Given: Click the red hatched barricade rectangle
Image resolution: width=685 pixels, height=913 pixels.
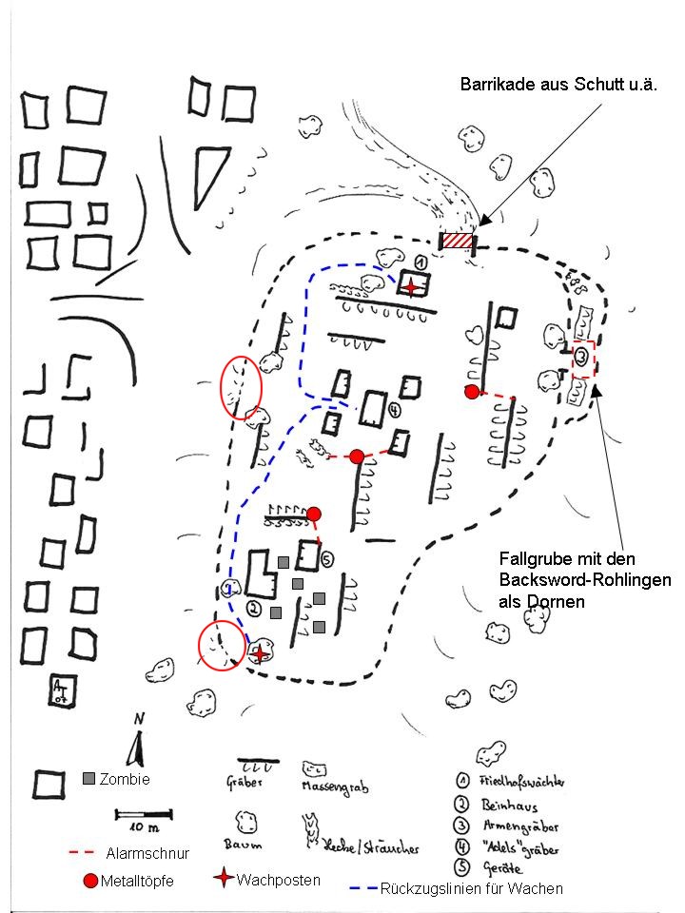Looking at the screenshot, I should tap(457, 242).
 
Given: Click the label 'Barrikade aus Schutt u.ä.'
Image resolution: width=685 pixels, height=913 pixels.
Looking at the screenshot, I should tap(559, 86).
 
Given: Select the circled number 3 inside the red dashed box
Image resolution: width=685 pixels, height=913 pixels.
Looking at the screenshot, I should tap(581, 359).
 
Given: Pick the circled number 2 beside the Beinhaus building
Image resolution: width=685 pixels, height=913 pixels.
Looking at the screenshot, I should tap(253, 607).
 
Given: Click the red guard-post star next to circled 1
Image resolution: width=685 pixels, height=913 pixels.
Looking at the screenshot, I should tap(410, 286).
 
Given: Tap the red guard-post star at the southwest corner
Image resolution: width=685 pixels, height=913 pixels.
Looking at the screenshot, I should tap(259, 654).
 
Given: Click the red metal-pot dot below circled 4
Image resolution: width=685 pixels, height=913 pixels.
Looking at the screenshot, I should tap(357, 456).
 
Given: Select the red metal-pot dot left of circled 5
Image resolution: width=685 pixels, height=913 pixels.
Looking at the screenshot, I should tap(314, 515).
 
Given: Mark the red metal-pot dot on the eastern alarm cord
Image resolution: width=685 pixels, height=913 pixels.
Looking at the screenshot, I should tap(471, 391).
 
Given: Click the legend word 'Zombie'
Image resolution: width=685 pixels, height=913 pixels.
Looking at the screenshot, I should tap(124, 779).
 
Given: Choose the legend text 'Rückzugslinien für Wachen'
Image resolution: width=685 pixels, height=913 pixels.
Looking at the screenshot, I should tap(471, 888).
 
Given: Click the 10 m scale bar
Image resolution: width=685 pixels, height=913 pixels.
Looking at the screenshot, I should tap(144, 814).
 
